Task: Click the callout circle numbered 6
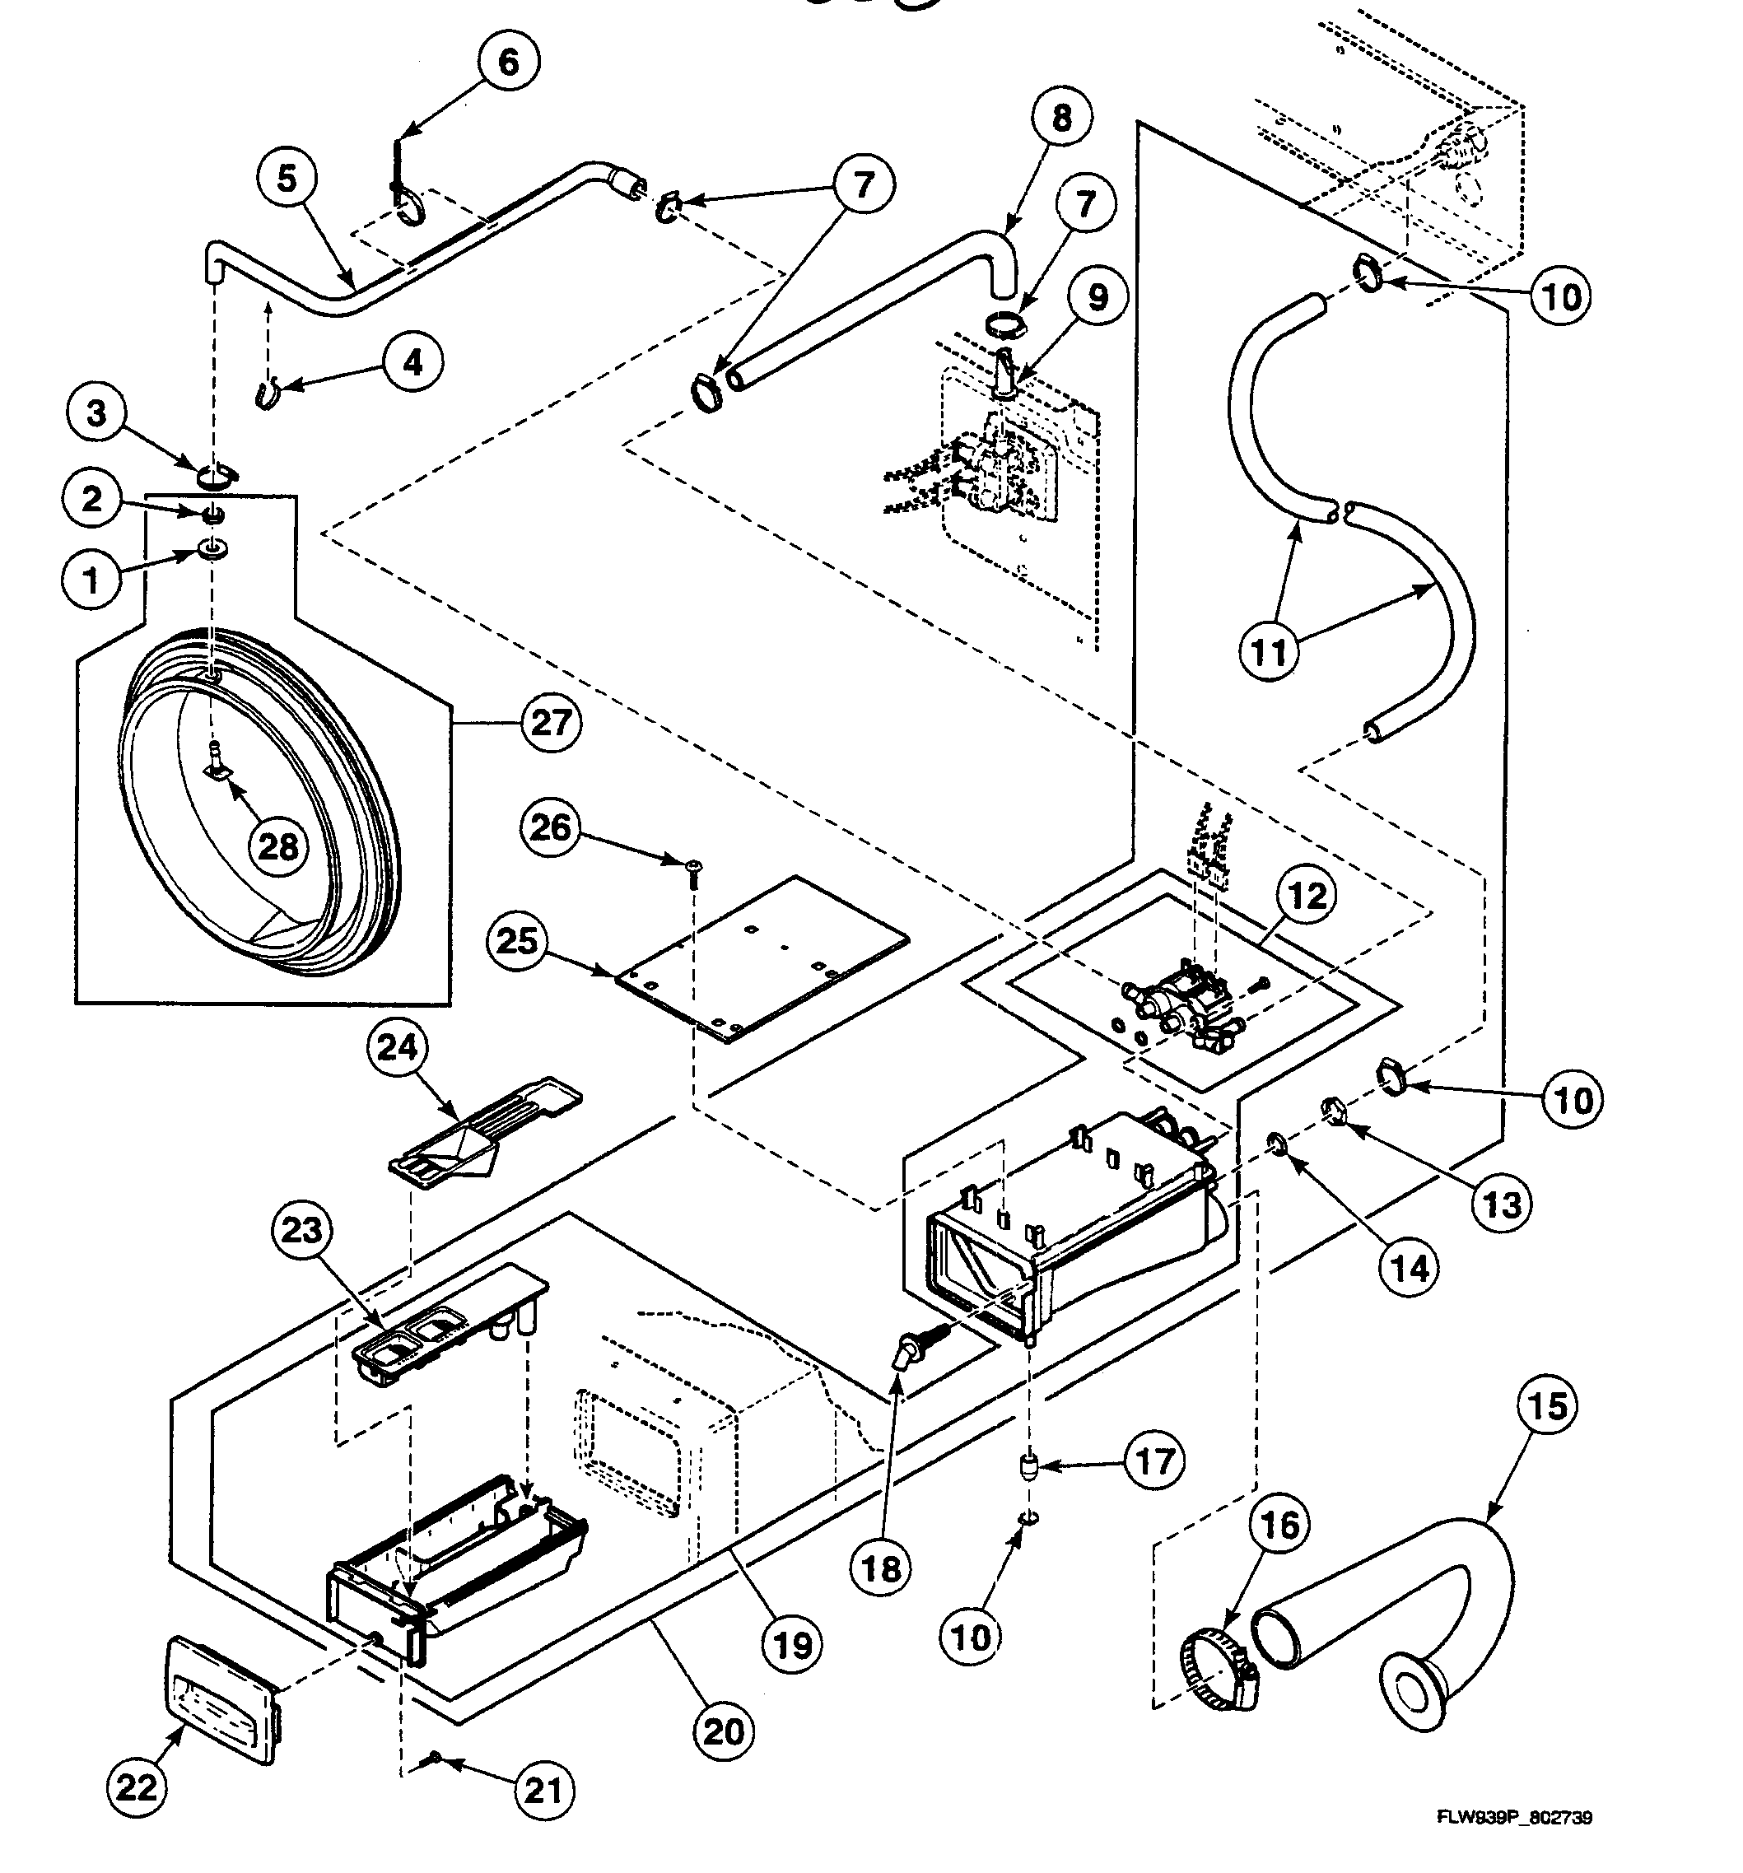coord(508,63)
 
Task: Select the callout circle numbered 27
coord(551,723)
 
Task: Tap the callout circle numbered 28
coord(279,847)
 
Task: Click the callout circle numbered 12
coord(1307,896)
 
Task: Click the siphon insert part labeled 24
coord(485,1130)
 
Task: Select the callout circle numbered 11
coord(1268,652)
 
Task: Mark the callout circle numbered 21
coord(542,1790)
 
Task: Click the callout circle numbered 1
coord(91,580)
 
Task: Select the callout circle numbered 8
coord(1061,119)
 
